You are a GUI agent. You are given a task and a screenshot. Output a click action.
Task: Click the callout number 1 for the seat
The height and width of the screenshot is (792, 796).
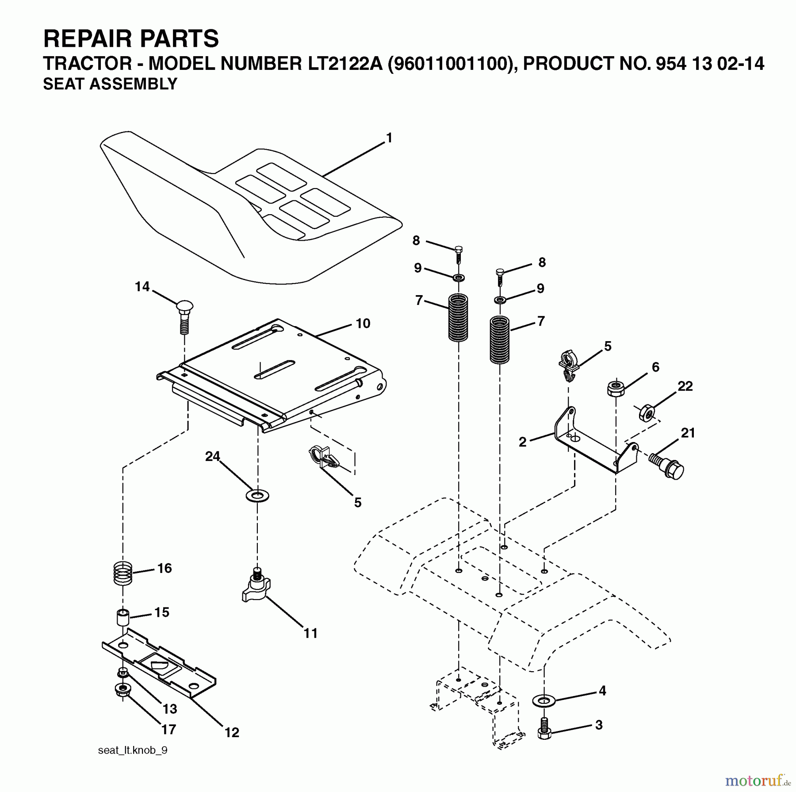pyautogui.click(x=389, y=138)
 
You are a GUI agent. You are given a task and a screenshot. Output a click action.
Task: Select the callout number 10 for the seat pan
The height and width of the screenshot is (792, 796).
pyautogui.click(x=363, y=323)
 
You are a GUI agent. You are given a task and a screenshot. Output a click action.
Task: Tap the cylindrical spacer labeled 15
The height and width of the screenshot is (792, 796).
pyautogui.click(x=122, y=617)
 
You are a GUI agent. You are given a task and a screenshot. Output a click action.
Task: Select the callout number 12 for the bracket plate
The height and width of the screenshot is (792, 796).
pyautogui.click(x=231, y=732)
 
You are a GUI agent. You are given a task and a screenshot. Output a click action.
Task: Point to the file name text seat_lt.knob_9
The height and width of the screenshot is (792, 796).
pyautogui.click(x=133, y=750)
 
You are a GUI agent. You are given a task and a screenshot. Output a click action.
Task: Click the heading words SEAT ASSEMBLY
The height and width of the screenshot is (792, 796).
pyautogui.click(x=110, y=84)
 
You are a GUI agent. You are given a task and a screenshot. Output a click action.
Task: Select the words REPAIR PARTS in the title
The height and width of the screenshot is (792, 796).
pyautogui.click(x=131, y=38)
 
